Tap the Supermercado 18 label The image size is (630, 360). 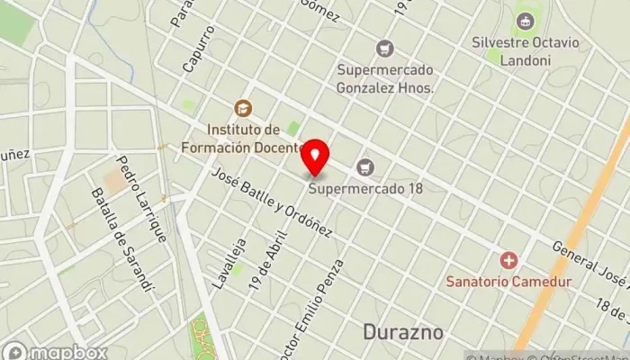365,188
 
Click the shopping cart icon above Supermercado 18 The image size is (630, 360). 364,166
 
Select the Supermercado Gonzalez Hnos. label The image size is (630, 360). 385,78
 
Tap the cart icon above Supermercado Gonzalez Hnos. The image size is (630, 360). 385,49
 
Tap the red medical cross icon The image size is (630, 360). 509,260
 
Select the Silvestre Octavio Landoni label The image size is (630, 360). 523,50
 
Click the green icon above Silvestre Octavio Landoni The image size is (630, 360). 524,20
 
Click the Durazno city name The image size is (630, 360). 404,332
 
